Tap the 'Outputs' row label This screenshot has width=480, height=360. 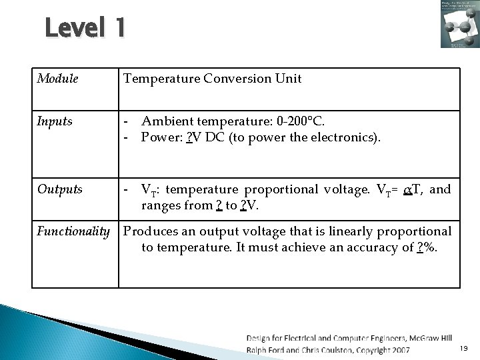(59, 190)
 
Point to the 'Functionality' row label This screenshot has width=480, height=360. (73, 231)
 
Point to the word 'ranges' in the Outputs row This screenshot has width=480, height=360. (160, 206)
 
